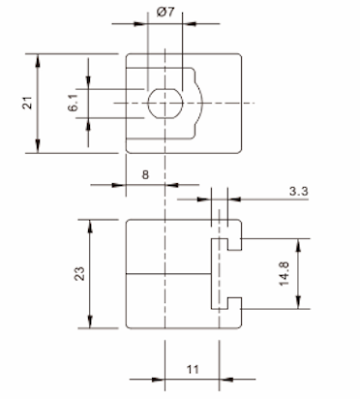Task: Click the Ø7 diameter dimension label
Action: coord(165,13)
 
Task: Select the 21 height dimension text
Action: coord(28,103)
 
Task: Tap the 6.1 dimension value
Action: coord(74,104)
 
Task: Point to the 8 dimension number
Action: coord(145,174)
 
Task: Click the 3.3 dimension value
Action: coord(298,191)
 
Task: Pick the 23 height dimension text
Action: coord(79,273)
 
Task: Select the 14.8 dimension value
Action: coord(285,274)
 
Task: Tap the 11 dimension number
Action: coord(193,369)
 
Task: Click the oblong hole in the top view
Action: coord(165,103)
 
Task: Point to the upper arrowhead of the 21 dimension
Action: coord(38,61)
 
